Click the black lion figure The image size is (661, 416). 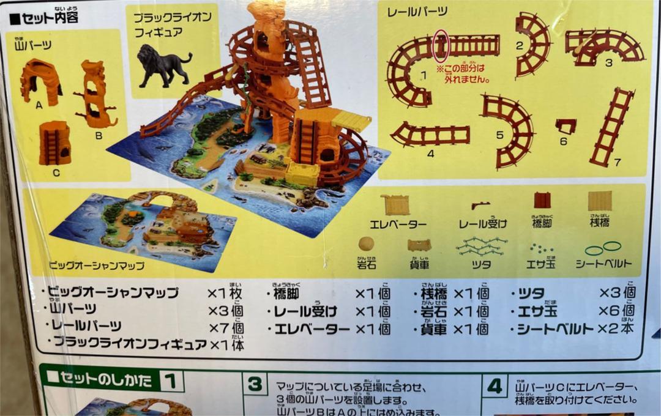click(x=162, y=65)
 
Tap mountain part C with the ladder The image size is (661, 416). click(x=54, y=143)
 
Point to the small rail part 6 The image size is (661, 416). click(x=566, y=127)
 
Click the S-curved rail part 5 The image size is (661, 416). click(x=508, y=129)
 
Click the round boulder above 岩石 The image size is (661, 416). click(x=366, y=243)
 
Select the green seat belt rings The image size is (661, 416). click(x=602, y=248)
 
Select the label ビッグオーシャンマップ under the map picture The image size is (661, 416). click(x=97, y=266)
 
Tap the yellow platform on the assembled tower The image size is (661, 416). click(x=351, y=120)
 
